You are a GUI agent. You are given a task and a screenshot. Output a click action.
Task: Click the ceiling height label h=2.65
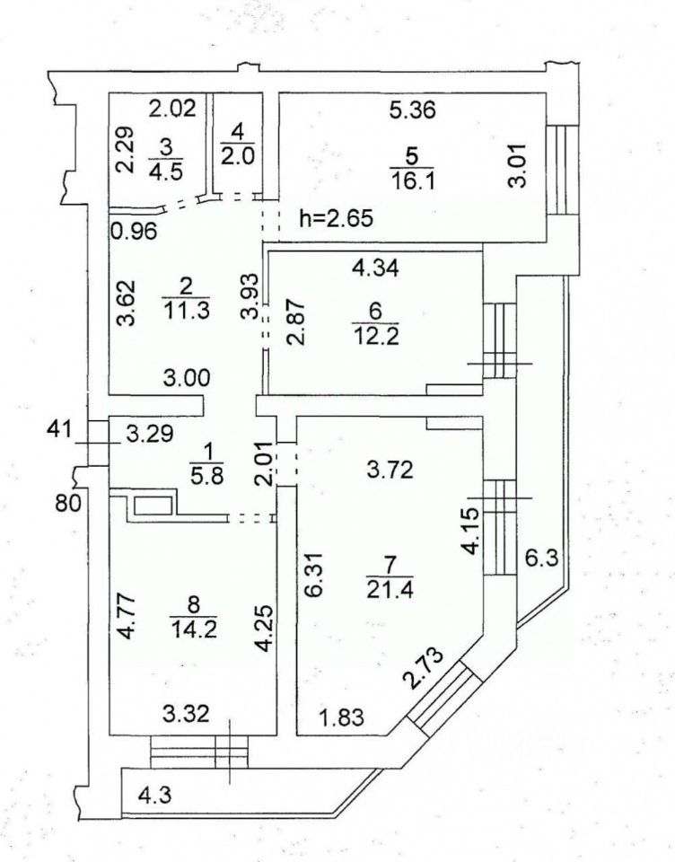tap(334, 218)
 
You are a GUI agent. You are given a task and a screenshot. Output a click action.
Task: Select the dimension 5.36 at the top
tap(411, 111)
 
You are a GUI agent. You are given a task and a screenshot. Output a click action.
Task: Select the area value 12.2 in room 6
tap(375, 335)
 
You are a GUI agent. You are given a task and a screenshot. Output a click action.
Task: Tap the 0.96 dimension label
tap(134, 230)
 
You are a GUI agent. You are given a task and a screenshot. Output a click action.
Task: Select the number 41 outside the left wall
tap(57, 429)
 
